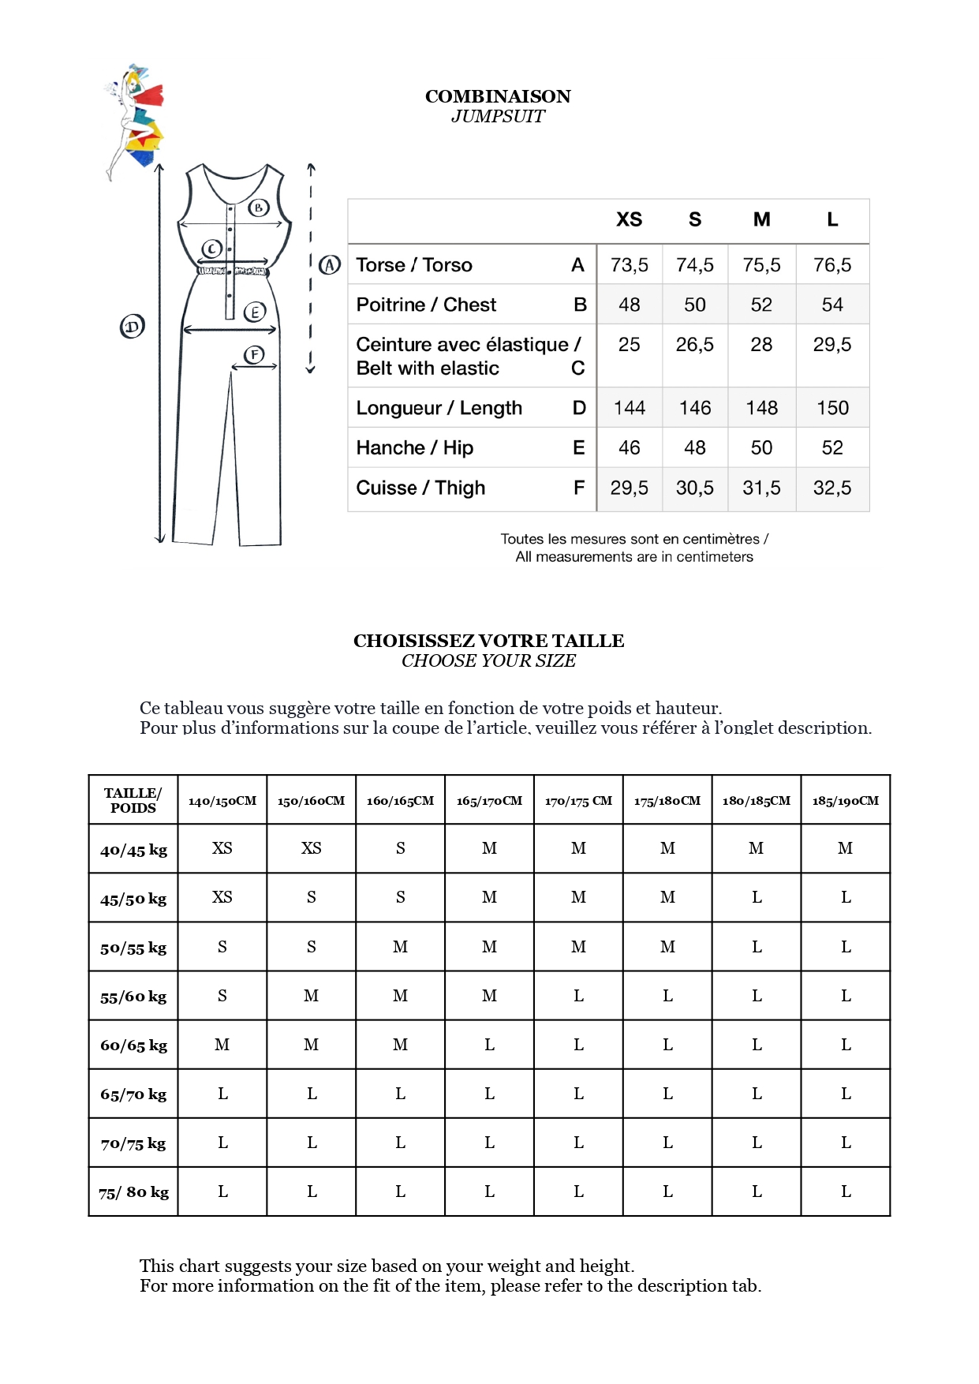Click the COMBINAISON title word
498,96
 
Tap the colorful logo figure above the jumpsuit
136,118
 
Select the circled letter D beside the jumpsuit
133,326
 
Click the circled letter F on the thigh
254,354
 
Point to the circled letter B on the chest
259,208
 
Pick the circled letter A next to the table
330,265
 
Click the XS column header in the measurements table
629,220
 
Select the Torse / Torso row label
414,265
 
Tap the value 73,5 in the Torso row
629,265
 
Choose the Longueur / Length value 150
832,408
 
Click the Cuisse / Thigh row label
420,488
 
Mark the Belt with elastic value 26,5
694,345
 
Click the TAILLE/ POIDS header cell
133,800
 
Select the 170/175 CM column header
578,800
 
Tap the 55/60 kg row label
133,997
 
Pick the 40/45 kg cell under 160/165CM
401,848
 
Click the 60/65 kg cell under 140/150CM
222,1045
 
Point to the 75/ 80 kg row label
133,1192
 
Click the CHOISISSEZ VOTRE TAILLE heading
488,641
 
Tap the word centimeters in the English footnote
715,557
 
